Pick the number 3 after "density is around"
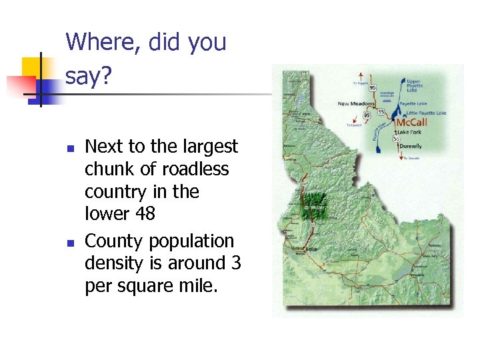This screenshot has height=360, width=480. tap(236, 264)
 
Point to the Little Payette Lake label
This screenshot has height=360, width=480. tap(422, 113)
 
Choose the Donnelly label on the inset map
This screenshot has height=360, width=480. tap(409, 145)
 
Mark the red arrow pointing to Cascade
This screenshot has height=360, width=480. tap(402, 157)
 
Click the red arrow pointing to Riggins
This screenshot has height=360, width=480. tap(361, 75)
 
